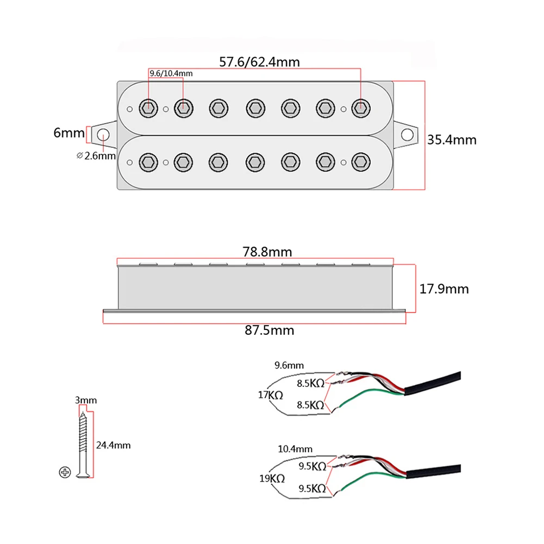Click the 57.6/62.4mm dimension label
pyautogui.click(x=260, y=62)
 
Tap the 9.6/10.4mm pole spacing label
pyautogui.click(x=171, y=73)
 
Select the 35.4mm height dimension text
pyautogui.click(x=452, y=140)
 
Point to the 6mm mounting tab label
pyautogui.click(x=69, y=133)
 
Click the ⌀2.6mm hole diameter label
pyautogui.click(x=96, y=156)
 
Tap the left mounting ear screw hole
pyautogui.click(x=103, y=135)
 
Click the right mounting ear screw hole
pyautogui.click(x=407, y=135)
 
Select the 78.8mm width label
pyautogui.click(x=267, y=252)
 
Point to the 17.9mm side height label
pyautogui.click(x=444, y=289)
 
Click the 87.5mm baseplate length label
pyautogui.click(x=270, y=330)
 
